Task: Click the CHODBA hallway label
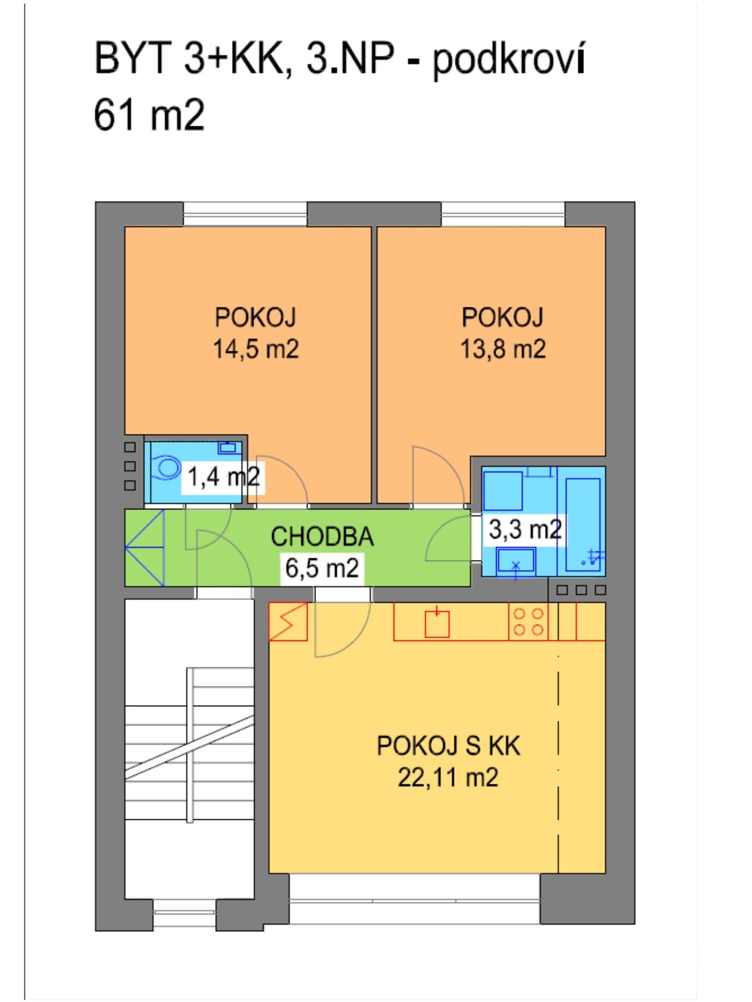(322, 536)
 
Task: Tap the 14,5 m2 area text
(255, 349)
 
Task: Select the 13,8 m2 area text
(502, 349)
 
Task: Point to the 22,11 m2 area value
(448, 778)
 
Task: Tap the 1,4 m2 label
(223, 477)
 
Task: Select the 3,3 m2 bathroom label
(524, 529)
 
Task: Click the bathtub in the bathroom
(583, 522)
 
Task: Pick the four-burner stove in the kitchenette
(528, 622)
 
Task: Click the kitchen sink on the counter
(437, 624)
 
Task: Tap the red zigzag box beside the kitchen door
(288, 622)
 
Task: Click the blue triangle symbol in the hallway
(146, 547)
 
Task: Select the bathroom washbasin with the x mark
(516, 562)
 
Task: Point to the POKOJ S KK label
(448, 746)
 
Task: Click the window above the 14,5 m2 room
(245, 214)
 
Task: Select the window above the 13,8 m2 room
(503, 214)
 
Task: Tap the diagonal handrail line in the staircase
(189, 747)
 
